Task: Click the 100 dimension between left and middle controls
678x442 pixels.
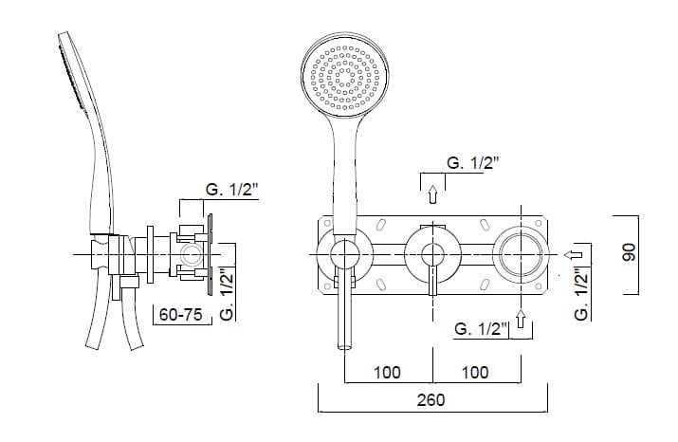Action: click(387, 371)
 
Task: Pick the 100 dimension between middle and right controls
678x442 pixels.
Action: click(476, 371)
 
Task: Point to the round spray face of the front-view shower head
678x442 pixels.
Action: click(347, 73)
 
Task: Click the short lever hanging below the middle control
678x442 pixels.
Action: click(432, 282)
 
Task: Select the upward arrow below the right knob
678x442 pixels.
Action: click(520, 328)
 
